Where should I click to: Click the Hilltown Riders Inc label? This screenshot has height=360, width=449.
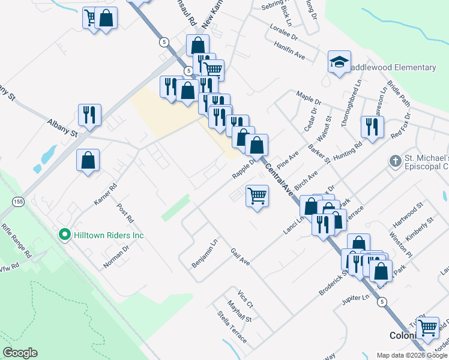click(108, 236)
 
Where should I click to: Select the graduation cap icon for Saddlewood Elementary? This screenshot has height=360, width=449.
click(339, 62)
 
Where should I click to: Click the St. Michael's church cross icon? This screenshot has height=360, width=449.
click(395, 161)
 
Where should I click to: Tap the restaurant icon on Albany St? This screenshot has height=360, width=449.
click(89, 115)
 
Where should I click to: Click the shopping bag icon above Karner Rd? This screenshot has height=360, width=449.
click(88, 160)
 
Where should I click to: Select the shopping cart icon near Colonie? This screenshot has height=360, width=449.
click(427, 328)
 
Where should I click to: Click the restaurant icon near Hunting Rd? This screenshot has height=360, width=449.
click(372, 127)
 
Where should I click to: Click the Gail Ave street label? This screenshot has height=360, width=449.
click(240, 257)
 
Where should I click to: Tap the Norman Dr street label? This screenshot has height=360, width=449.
click(118, 256)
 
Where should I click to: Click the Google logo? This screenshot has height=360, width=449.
click(20, 353)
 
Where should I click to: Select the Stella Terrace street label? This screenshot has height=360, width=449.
click(232, 326)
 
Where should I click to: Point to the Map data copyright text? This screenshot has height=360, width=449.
click(412, 355)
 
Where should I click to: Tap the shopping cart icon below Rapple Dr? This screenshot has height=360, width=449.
click(257, 196)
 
